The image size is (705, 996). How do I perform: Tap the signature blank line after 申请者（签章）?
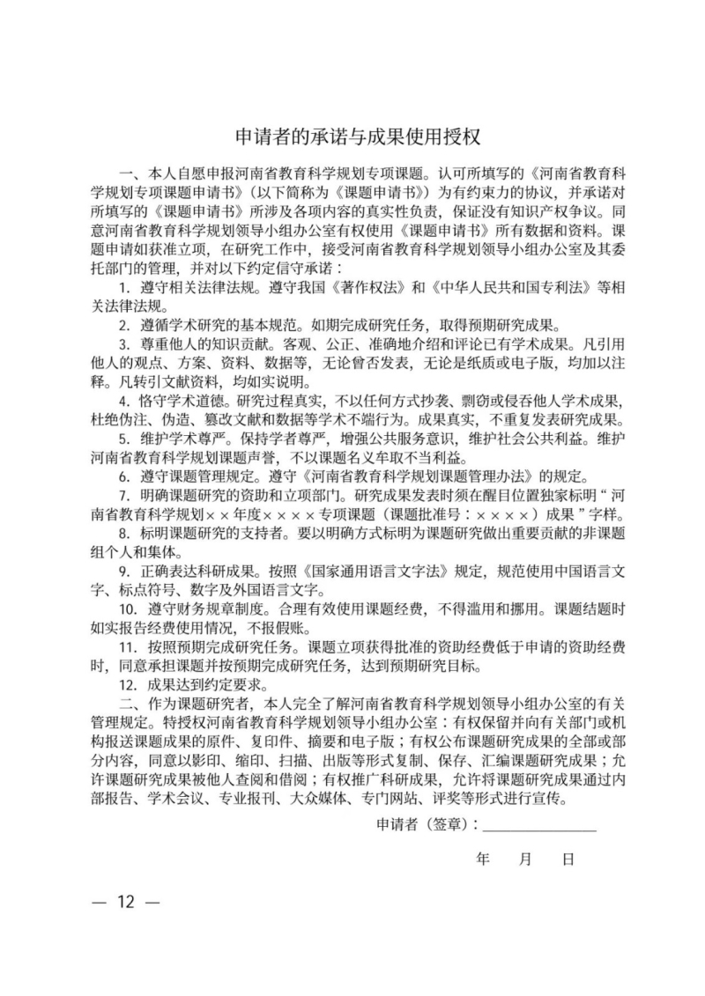[x=539, y=824]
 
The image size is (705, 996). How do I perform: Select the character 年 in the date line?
[x=483, y=857]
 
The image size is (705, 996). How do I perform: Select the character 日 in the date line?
[x=568, y=857]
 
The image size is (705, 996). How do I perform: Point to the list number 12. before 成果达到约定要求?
[x=128, y=682]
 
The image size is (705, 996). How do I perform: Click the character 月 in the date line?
[x=526, y=857]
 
